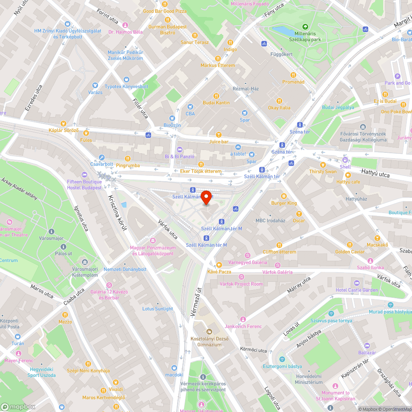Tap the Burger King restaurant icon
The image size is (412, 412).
[283, 196]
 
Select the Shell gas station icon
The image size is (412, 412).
[345, 160]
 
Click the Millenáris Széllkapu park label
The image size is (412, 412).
[305, 36]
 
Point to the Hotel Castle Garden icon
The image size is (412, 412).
[357, 283]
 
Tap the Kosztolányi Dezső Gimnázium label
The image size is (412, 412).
[209, 342]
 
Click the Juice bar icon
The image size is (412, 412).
[219, 134]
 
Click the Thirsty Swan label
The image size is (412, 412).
[323, 171]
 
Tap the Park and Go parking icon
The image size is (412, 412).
[397, 76]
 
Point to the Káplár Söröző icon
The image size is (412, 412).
[63, 123]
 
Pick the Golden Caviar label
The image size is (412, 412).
[349, 252]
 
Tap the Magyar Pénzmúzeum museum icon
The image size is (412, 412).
[153, 241]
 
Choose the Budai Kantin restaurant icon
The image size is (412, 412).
[216, 95]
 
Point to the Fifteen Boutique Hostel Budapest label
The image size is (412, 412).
[84, 185]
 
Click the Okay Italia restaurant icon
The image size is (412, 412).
[279, 101]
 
